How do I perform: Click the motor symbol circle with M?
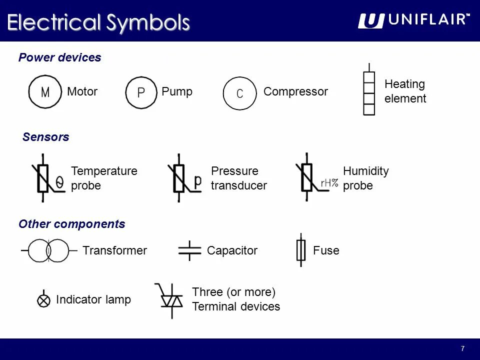click(45, 92)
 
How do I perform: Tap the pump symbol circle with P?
click(141, 92)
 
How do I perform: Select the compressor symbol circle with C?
click(239, 93)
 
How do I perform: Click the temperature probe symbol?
click(43, 178)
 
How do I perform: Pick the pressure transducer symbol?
click(179, 178)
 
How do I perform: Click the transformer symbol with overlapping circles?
click(48, 250)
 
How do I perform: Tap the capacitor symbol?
click(189, 250)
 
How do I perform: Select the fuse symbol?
click(300, 250)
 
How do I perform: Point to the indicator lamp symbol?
click(44, 300)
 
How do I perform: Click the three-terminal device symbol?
click(171, 300)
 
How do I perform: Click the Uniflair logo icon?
click(371, 21)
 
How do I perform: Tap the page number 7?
click(462, 348)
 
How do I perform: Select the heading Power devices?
click(59, 57)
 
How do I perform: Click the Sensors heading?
click(45, 137)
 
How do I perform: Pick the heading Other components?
click(71, 224)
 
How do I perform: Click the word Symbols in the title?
click(148, 23)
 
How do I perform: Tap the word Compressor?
click(295, 91)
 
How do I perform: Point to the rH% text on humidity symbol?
click(329, 183)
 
